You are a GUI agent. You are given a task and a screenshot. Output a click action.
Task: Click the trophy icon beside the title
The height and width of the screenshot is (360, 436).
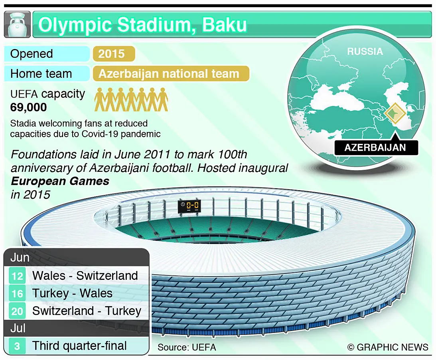tap(17, 24)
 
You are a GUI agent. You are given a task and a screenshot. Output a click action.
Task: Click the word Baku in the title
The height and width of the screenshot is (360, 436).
tap(224, 25)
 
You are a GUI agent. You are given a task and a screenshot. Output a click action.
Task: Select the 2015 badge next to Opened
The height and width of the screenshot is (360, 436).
tap(114, 54)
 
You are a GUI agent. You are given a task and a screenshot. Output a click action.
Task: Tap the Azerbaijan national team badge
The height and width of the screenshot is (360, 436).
tap(171, 74)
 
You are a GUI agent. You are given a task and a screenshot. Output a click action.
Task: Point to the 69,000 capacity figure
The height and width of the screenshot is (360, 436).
tap(28, 107)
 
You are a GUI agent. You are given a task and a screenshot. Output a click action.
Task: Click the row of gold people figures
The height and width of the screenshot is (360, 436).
tap(131, 100)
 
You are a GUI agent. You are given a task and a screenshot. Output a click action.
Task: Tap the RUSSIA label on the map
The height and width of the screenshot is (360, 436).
tap(365, 51)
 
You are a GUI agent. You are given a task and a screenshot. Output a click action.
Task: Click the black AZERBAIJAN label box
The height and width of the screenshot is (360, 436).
tap(376, 148)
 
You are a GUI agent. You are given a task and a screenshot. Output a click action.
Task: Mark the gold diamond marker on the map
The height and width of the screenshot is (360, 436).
tap(395, 113)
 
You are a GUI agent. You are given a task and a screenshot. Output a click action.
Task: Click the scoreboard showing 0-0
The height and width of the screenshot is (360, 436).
tap(189, 206)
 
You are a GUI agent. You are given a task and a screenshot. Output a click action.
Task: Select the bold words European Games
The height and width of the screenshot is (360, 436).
tap(60, 181)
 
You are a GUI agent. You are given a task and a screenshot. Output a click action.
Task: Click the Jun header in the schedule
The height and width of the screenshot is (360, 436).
tap(20, 258)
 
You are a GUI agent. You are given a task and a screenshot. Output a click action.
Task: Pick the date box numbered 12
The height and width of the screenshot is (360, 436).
tap(17, 276)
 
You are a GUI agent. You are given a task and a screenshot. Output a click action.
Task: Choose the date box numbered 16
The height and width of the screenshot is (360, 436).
tap(17, 293)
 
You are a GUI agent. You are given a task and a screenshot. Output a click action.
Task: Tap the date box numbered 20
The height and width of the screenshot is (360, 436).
tap(17, 311)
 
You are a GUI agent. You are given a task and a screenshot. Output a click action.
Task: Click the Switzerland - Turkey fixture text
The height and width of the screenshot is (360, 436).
tap(87, 311)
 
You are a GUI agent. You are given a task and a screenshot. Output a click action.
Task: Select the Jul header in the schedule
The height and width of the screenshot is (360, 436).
tap(18, 329)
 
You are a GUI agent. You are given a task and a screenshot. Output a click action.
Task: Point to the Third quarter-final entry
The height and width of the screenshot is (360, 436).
tap(79, 346)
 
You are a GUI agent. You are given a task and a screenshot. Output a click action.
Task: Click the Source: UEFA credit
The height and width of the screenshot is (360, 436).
tap(187, 347)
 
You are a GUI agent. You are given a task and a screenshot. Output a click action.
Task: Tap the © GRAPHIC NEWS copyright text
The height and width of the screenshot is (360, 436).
tap(388, 347)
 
